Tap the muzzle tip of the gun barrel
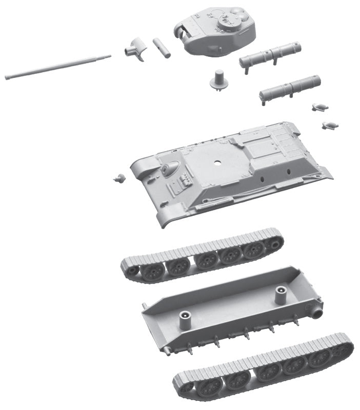tap(7, 77)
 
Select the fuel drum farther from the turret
tap(290, 88)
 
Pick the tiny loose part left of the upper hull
tap(119, 178)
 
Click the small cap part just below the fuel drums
tap(318, 107)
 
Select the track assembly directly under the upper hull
tap(203, 256)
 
